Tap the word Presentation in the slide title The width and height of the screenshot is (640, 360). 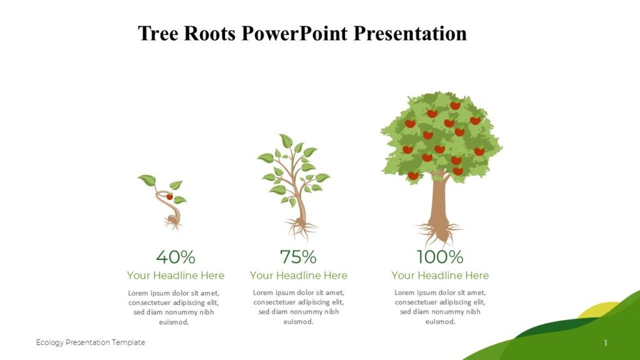coord(410,33)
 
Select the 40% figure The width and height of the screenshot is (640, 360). coord(175,257)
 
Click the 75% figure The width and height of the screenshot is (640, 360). coord(298,257)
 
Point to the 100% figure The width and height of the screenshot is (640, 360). coord(440,257)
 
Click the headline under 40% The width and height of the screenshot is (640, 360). coord(175,275)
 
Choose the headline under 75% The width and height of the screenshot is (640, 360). coord(298,275)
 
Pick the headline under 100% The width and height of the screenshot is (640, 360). coord(440,275)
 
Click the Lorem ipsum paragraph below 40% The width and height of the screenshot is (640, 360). coord(174,307)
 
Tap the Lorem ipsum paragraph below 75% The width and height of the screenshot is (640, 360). coord(298,307)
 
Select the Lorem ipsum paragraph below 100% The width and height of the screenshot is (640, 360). coord(440,307)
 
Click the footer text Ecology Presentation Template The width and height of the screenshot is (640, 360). coord(91,342)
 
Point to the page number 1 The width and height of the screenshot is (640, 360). coord(606,342)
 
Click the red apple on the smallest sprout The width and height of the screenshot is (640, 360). coord(169,196)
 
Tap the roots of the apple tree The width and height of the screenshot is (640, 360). coord(440,235)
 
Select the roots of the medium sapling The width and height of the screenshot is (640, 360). coord(301,227)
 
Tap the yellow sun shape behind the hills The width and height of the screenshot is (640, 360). coord(592,311)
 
